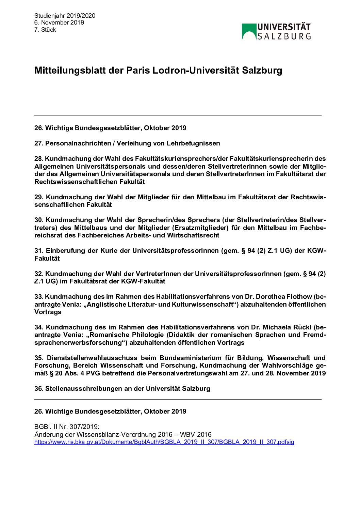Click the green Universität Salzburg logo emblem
tap(249, 31)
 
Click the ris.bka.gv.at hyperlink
tap(164, 442)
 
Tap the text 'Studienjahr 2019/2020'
tap(65, 16)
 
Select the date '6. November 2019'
tap(59, 22)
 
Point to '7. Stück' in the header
tap(45, 30)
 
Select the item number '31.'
tap(39, 251)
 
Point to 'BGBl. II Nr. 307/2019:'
tap(67, 427)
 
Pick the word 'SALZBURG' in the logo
tap(284, 36)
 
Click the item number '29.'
tap(39, 197)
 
